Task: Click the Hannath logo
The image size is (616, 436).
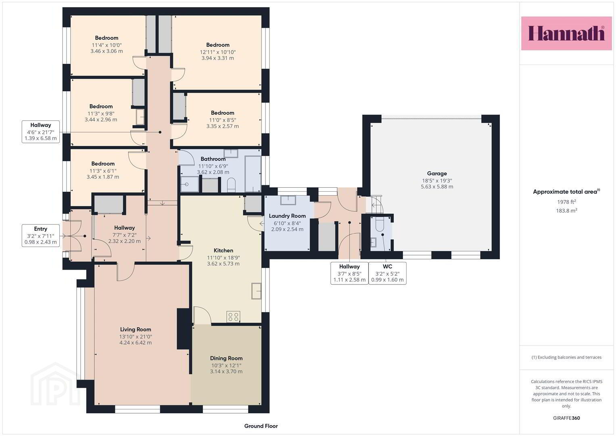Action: pos(566,33)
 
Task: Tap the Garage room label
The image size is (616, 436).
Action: pos(437,174)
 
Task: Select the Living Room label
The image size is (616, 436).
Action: pos(136,329)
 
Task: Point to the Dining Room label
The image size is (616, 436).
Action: pos(226,358)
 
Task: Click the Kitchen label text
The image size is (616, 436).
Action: pos(223,250)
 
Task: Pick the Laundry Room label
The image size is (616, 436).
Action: pos(287,216)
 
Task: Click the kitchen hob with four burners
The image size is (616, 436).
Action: pos(233,317)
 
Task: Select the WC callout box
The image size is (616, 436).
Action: pos(388,273)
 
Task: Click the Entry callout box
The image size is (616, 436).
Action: pos(41,235)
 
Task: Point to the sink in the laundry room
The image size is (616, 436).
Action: pos(288,200)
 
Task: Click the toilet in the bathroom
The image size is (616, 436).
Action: pos(231,185)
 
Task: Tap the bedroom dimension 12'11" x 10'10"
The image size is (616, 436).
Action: pos(218,52)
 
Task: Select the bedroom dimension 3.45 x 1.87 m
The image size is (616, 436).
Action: pos(103,177)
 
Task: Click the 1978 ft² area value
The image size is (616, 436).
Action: pos(566,201)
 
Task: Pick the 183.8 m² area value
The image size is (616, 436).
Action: pos(566,211)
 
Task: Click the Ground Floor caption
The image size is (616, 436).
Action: pos(261,426)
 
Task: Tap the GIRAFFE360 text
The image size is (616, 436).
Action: pos(566,418)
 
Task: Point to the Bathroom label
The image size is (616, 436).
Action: pos(213,159)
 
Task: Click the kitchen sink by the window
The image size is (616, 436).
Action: pos(256,291)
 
